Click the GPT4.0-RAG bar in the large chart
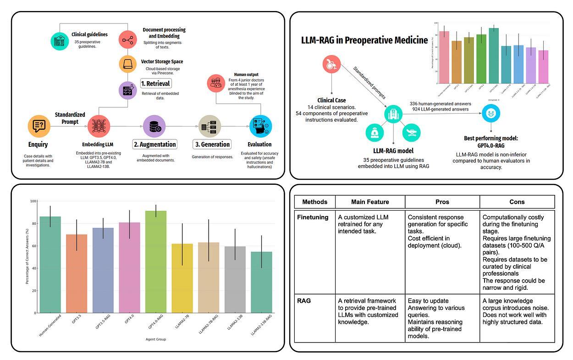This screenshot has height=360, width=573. [156, 262]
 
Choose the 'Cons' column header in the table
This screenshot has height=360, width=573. [517, 202]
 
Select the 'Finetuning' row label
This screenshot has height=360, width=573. [313, 217]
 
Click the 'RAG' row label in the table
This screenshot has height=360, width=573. [304, 301]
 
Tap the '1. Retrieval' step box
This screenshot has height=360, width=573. [156, 83]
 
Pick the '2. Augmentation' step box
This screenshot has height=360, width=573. [155, 144]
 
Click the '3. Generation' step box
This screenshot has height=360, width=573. [212, 144]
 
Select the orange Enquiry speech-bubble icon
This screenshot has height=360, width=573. [39, 126]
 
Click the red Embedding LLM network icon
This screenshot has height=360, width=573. [99, 126]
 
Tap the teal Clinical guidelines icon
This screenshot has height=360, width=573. [60, 41]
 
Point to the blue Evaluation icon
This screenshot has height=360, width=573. [260, 126]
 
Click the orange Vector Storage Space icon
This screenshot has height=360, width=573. [127, 64]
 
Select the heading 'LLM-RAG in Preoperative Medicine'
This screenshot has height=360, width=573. [364, 40]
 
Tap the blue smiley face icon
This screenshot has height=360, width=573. [491, 113]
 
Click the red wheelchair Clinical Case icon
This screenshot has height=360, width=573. [331, 65]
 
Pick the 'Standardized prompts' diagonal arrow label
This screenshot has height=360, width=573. [369, 83]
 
